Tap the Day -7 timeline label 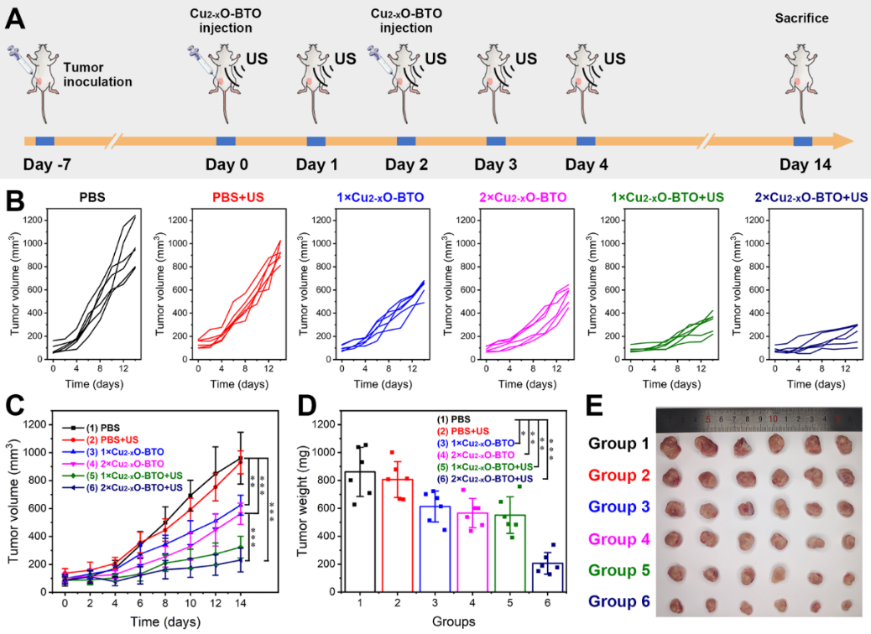44,164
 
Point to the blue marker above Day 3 496,140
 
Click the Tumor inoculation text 97,75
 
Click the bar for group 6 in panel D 546,577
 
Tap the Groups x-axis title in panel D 454,622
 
